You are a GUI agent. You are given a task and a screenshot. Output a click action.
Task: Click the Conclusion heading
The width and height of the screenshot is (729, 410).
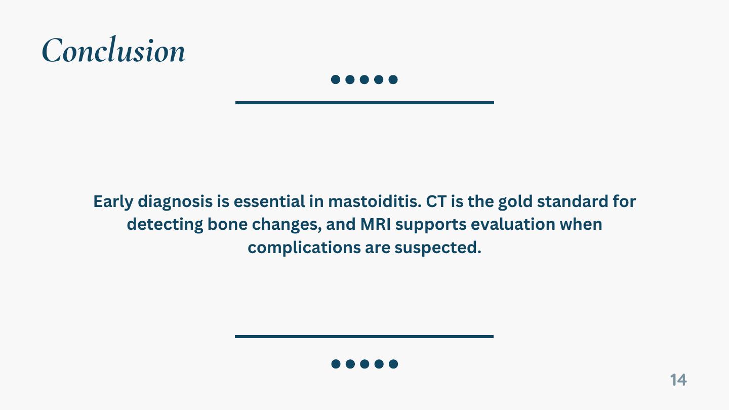pyautogui.click(x=113, y=49)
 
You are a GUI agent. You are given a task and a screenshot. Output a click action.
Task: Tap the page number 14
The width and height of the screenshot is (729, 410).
pyautogui.click(x=678, y=380)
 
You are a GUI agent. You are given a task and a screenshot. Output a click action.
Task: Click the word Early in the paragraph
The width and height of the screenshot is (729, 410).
pyautogui.click(x=113, y=202)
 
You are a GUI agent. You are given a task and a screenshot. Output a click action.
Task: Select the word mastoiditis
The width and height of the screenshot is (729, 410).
pyautogui.click(x=375, y=201)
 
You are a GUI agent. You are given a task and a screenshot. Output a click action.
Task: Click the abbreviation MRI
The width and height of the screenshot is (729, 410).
pyautogui.click(x=376, y=224)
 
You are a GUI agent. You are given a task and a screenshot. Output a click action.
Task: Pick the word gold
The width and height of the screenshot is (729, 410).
pyautogui.click(x=515, y=202)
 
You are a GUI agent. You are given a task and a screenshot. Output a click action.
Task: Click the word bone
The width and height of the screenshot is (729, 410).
pyautogui.click(x=227, y=224)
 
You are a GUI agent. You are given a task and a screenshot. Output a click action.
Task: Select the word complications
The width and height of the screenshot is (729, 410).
pyautogui.click(x=304, y=248)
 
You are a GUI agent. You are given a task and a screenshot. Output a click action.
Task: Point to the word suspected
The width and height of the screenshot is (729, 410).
pyautogui.click(x=438, y=248)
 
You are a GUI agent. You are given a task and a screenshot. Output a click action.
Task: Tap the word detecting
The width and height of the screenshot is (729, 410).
pyautogui.click(x=165, y=225)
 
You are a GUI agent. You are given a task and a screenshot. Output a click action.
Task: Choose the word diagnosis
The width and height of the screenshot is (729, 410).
pyautogui.click(x=175, y=202)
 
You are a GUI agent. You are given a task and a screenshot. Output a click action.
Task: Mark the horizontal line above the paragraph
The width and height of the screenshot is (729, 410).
pyautogui.click(x=364, y=103)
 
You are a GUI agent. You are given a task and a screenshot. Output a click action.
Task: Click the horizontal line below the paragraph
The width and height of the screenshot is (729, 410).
pyautogui.click(x=364, y=337)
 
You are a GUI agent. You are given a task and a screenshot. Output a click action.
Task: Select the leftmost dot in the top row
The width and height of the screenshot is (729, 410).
pyautogui.click(x=336, y=79)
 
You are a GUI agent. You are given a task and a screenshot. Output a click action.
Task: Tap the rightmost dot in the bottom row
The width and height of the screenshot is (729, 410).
pyautogui.click(x=393, y=364)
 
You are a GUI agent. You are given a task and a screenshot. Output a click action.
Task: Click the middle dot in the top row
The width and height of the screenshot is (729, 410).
pyautogui.click(x=364, y=79)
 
